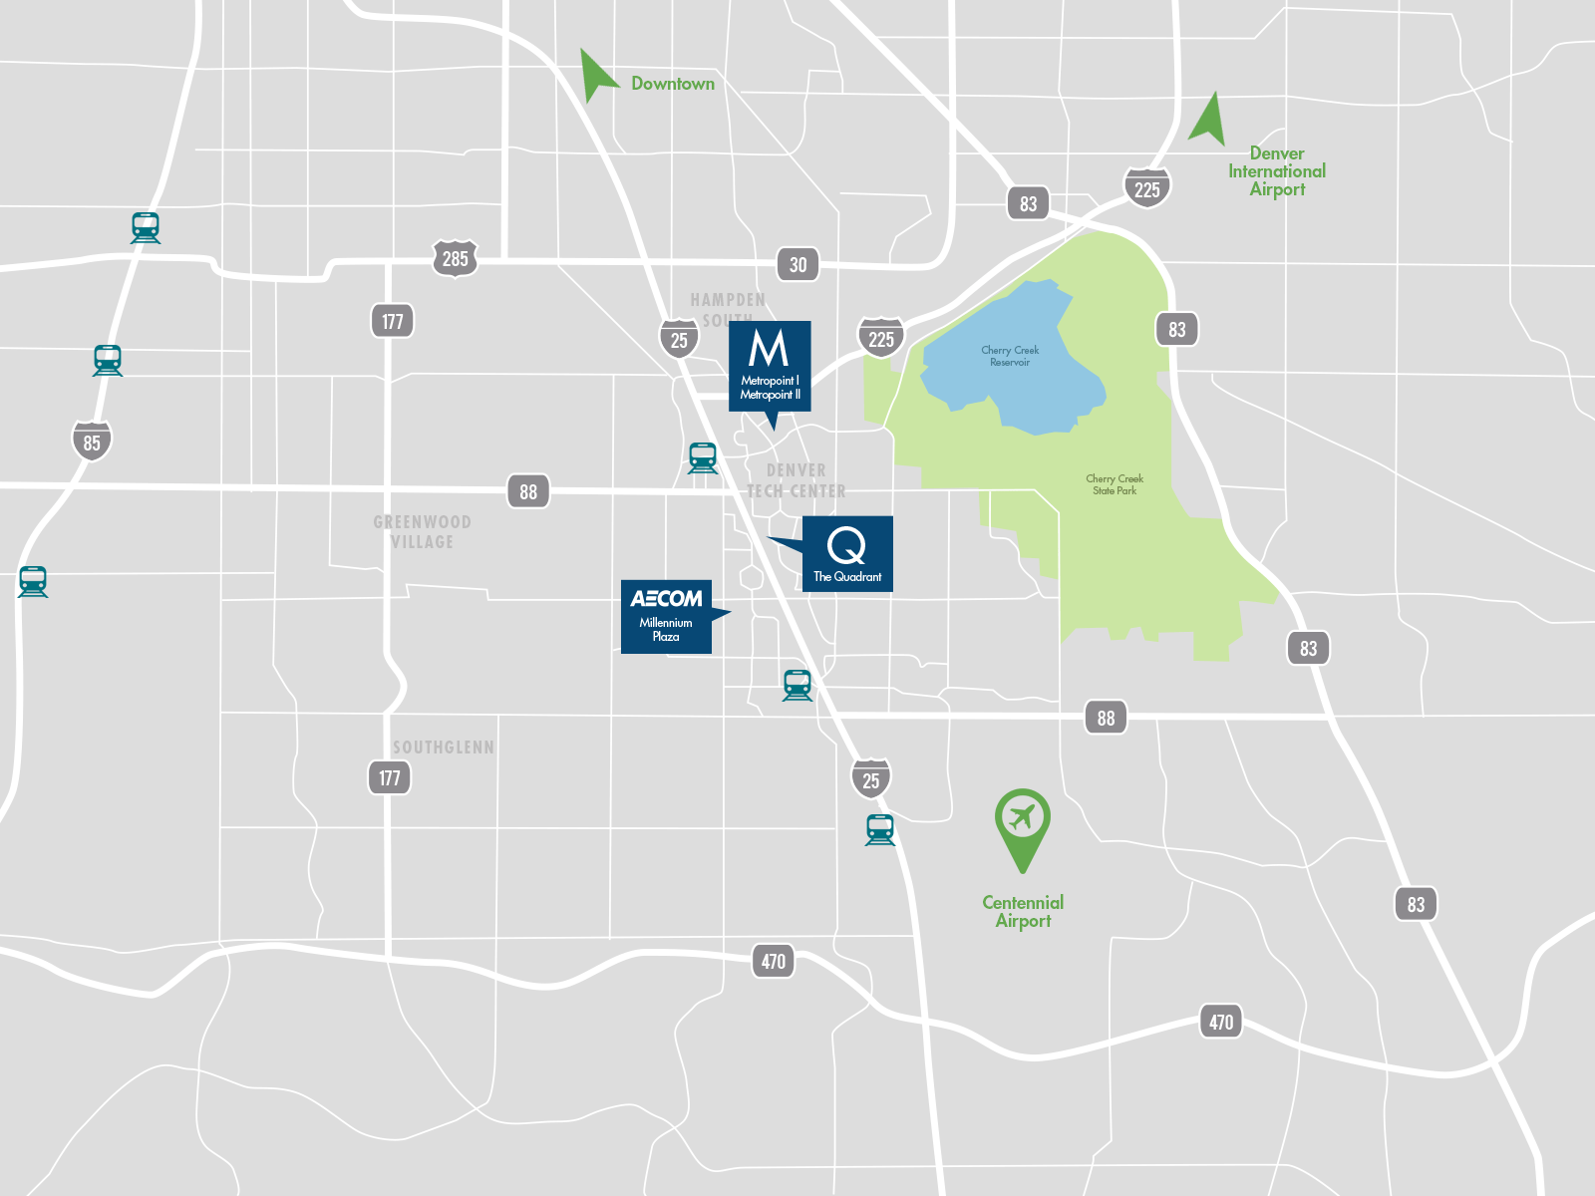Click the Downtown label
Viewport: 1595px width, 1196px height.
coord(673,84)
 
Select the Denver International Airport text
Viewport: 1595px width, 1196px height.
coord(1277,171)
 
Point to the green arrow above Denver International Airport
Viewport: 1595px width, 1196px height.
coord(1209,120)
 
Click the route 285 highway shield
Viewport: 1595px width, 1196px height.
coord(455,259)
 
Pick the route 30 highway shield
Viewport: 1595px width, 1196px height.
coord(797,265)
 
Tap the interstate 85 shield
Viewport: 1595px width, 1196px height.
coord(92,442)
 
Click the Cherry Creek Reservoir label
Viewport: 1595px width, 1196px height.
coord(1010,356)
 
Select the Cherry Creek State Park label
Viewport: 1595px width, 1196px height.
coord(1115,484)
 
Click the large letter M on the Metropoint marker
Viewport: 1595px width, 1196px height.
coord(769,349)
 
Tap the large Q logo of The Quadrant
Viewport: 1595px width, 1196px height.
coord(846,545)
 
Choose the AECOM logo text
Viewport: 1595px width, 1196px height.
coord(666,598)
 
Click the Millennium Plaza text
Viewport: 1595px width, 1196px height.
coord(666,629)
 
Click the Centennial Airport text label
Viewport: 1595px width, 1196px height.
coord(1023,911)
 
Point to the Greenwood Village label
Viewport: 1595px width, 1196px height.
coord(422,531)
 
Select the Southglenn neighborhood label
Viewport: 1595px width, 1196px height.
coord(443,747)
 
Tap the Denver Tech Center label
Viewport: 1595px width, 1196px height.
coord(796,480)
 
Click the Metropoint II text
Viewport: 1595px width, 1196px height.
coord(770,395)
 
